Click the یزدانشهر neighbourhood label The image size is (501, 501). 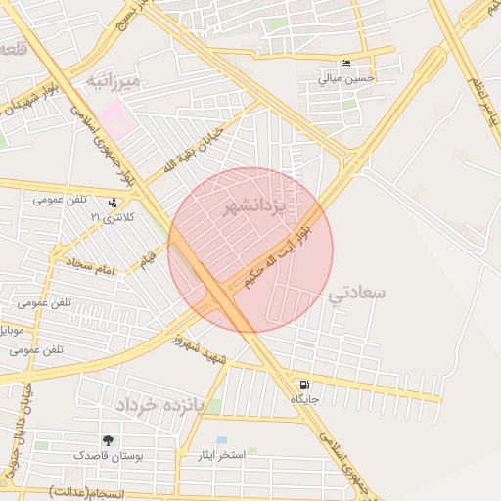(x=252, y=207)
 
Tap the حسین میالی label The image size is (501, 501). (x=347, y=78)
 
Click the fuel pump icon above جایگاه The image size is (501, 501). (x=305, y=385)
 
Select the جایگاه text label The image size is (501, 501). (x=304, y=399)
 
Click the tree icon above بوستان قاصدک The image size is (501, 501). (x=109, y=441)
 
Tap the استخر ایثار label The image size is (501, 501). (x=222, y=456)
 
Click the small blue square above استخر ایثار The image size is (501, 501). (x=222, y=441)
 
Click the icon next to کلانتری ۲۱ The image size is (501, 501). (x=116, y=204)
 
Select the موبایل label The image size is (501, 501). (x=13, y=330)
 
